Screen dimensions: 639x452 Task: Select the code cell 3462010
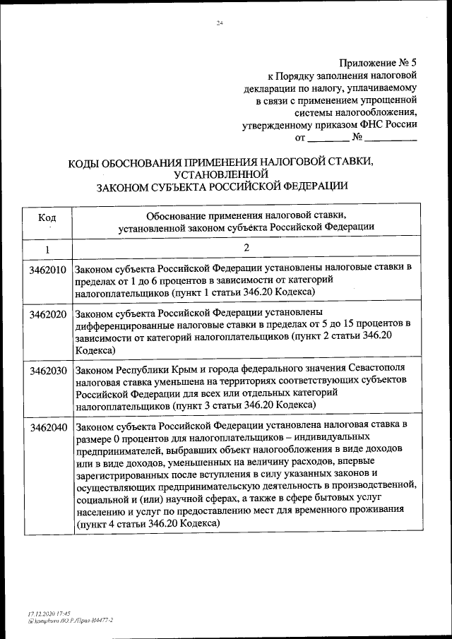[48, 270]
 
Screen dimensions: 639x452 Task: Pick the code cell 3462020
[48, 313]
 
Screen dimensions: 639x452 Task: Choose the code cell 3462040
[48, 427]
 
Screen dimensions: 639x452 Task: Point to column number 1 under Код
[47, 249]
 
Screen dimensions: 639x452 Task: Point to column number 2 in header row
[246, 249]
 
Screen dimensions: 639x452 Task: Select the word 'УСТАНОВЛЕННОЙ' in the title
[224, 174]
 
